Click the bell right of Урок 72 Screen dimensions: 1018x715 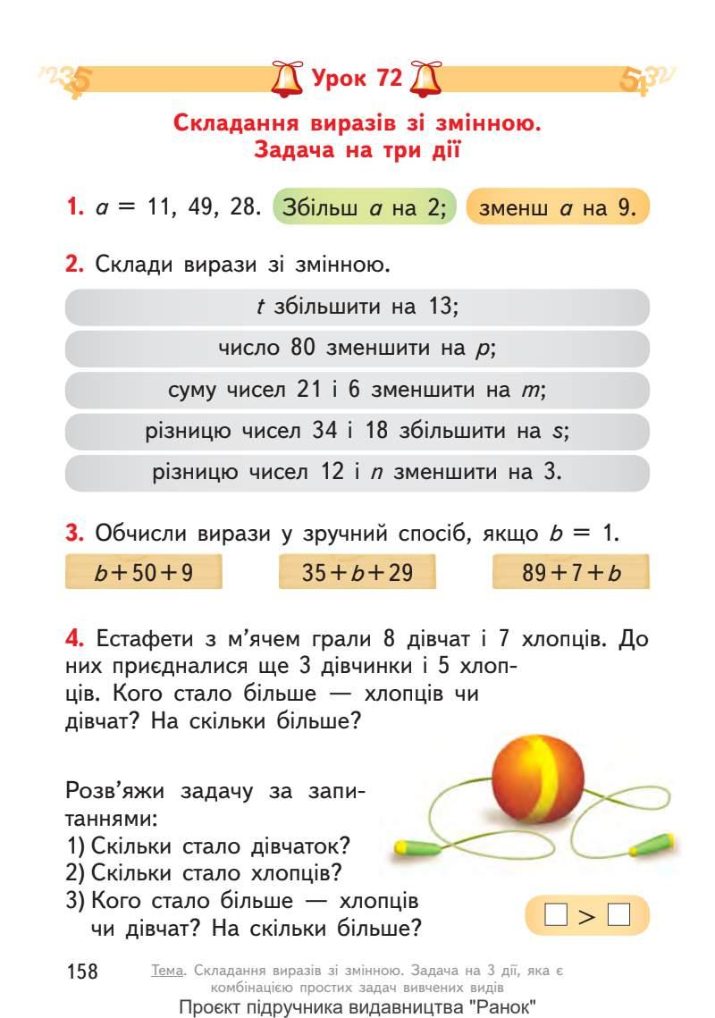[425, 79]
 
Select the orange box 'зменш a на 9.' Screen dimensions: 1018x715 [558, 209]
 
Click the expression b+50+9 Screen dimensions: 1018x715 [144, 573]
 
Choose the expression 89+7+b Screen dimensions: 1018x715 [571, 573]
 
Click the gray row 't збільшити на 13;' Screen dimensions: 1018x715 [357, 307]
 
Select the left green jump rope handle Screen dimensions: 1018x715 [414, 845]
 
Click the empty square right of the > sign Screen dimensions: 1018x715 [618, 914]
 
